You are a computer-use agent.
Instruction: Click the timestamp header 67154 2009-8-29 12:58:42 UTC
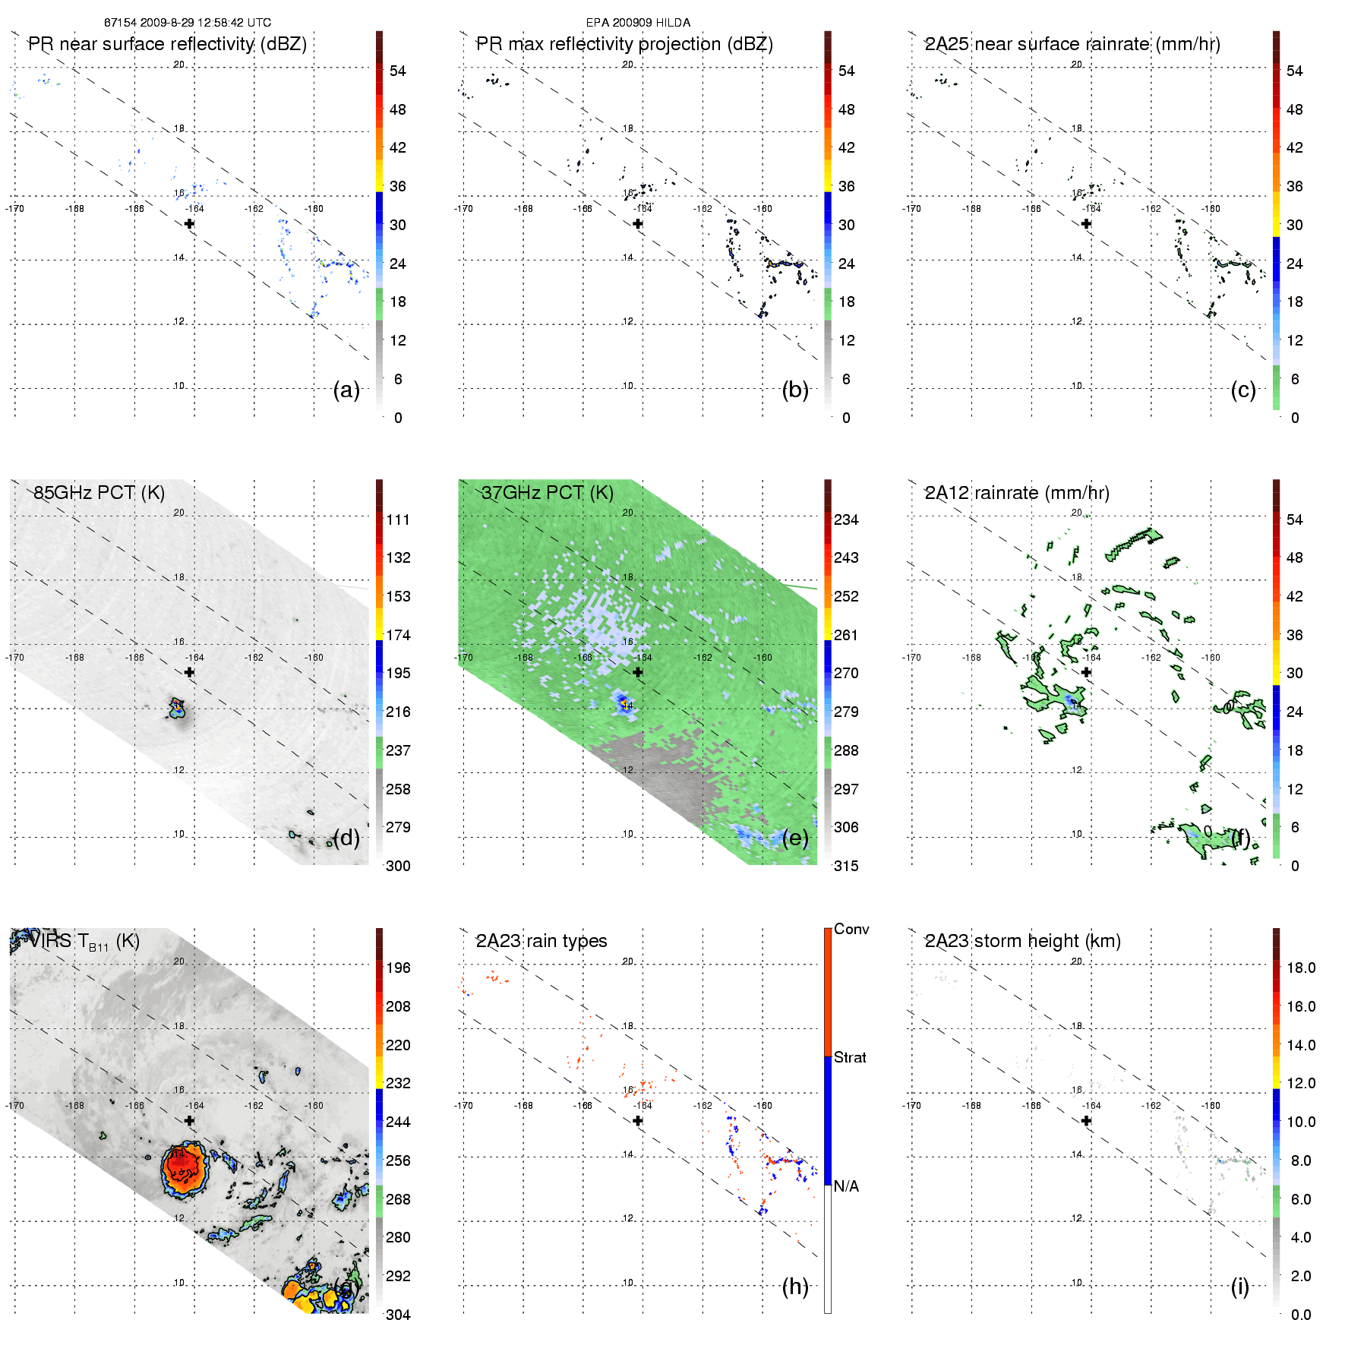(x=187, y=23)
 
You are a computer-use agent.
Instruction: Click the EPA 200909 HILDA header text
(x=638, y=23)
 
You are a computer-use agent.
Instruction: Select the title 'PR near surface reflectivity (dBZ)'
(x=167, y=44)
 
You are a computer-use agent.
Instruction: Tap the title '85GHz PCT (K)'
(x=99, y=493)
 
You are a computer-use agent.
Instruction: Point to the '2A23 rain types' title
(x=541, y=941)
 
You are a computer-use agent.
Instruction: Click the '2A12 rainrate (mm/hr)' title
(x=1016, y=493)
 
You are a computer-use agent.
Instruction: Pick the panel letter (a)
(x=346, y=390)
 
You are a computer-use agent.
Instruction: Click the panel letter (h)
(x=795, y=1287)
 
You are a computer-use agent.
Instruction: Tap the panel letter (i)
(x=1239, y=1287)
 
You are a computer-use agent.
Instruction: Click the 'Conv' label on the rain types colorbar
(x=851, y=929)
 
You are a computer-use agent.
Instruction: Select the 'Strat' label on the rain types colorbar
(x=850, y=1057)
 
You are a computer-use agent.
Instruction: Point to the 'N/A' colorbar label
(x=846, y=1186)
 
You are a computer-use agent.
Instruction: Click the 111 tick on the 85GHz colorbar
(x=398, y=519)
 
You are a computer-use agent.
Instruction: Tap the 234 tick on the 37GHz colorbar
(x=846, y=519)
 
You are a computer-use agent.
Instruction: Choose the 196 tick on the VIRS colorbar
(x=398, y=968)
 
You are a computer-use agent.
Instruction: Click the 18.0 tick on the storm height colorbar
(x=1300, y=968)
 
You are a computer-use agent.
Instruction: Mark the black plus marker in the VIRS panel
(x=189, y=1120)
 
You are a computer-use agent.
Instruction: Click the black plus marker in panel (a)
(x=189, y=223)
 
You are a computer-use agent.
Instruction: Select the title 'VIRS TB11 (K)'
(x=84, y=942)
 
